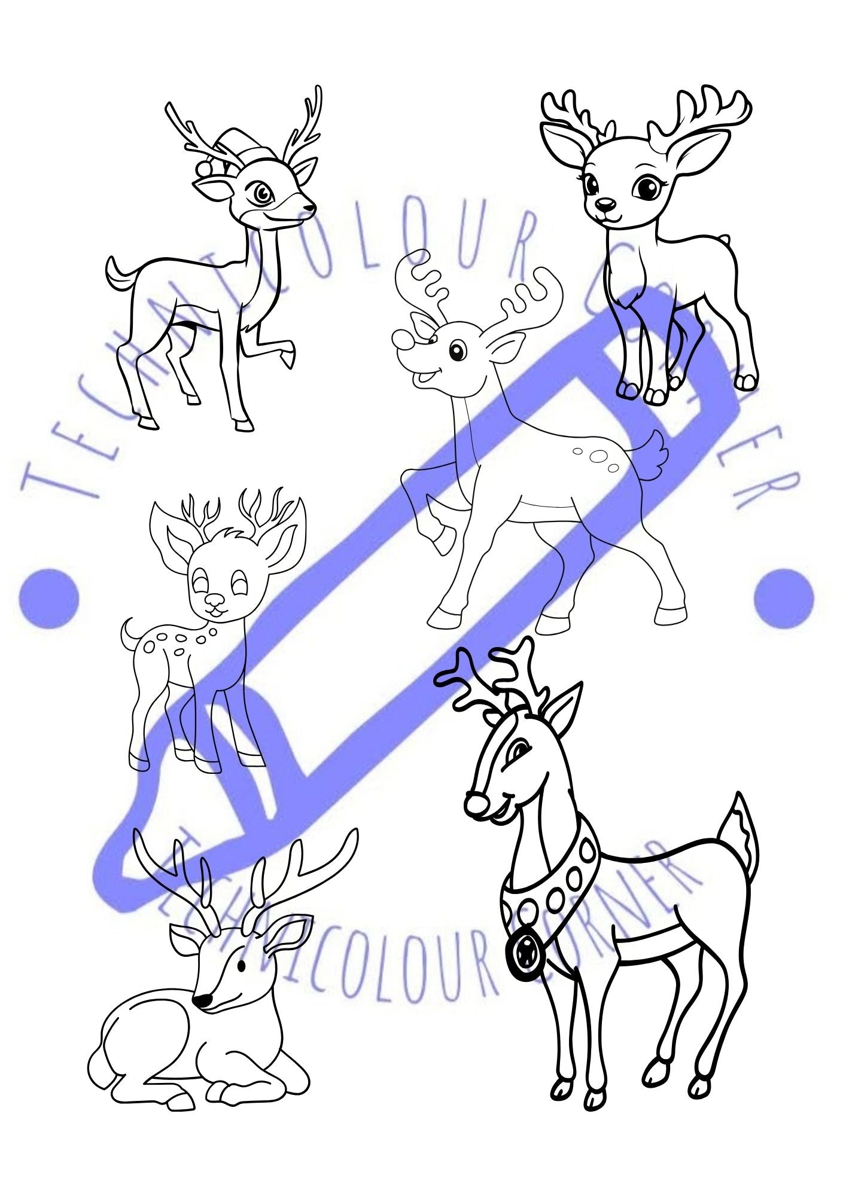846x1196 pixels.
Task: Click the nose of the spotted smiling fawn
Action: click(x=212, y=599)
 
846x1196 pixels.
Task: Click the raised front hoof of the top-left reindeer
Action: click(x=289, y=359)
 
